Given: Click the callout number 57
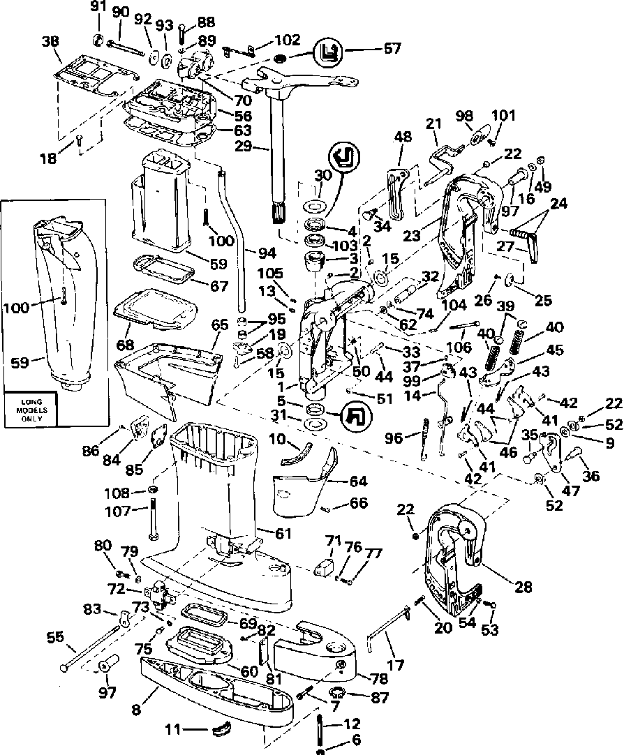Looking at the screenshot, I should pyautogui.click(x=394, y=49).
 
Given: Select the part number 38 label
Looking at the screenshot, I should pyautogui.click(x=51, y=41).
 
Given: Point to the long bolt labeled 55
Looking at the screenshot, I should pyautogui.click(x=91, y=645).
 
